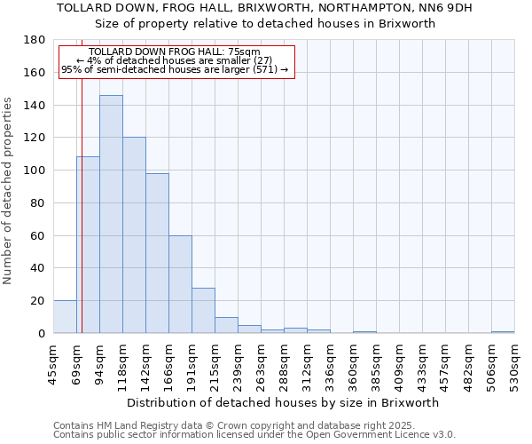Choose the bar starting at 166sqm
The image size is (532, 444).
pyautogui.click(x=180, y=284)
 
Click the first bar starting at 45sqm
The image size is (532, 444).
pyautogui.click(x=65, y=317)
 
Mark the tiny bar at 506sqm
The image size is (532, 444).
pyautogui.click(x=503, y=332)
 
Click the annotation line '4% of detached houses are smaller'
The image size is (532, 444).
pyautogui.click(x=176, y=60)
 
